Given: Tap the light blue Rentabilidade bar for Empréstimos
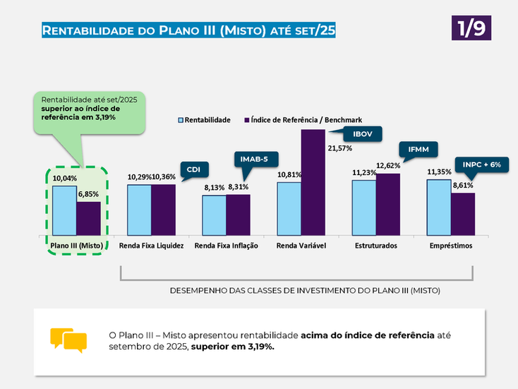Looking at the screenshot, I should click(x=439, y=207).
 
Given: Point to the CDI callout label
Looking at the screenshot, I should click(x=193, y=169).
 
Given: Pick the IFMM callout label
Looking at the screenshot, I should click(x=418, y=149).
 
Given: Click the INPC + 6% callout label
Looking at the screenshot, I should click(x=482, y=164).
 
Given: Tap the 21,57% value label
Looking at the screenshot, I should click(x=339, y=148).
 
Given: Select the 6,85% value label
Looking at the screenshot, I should click(x=88, y=194).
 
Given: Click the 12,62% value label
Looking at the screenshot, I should click(x=388, y=166).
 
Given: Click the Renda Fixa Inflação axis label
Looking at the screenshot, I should click(x=227, y=246).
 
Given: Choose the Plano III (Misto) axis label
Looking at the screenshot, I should click(x=77, y=246).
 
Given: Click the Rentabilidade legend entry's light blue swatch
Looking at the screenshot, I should click(x=181, y=120).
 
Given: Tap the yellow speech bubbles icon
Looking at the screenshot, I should click(x=68, y=340).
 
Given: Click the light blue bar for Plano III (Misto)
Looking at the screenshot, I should click(x=64, y=210).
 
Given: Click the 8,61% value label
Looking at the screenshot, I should click(x=463, y=185).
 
